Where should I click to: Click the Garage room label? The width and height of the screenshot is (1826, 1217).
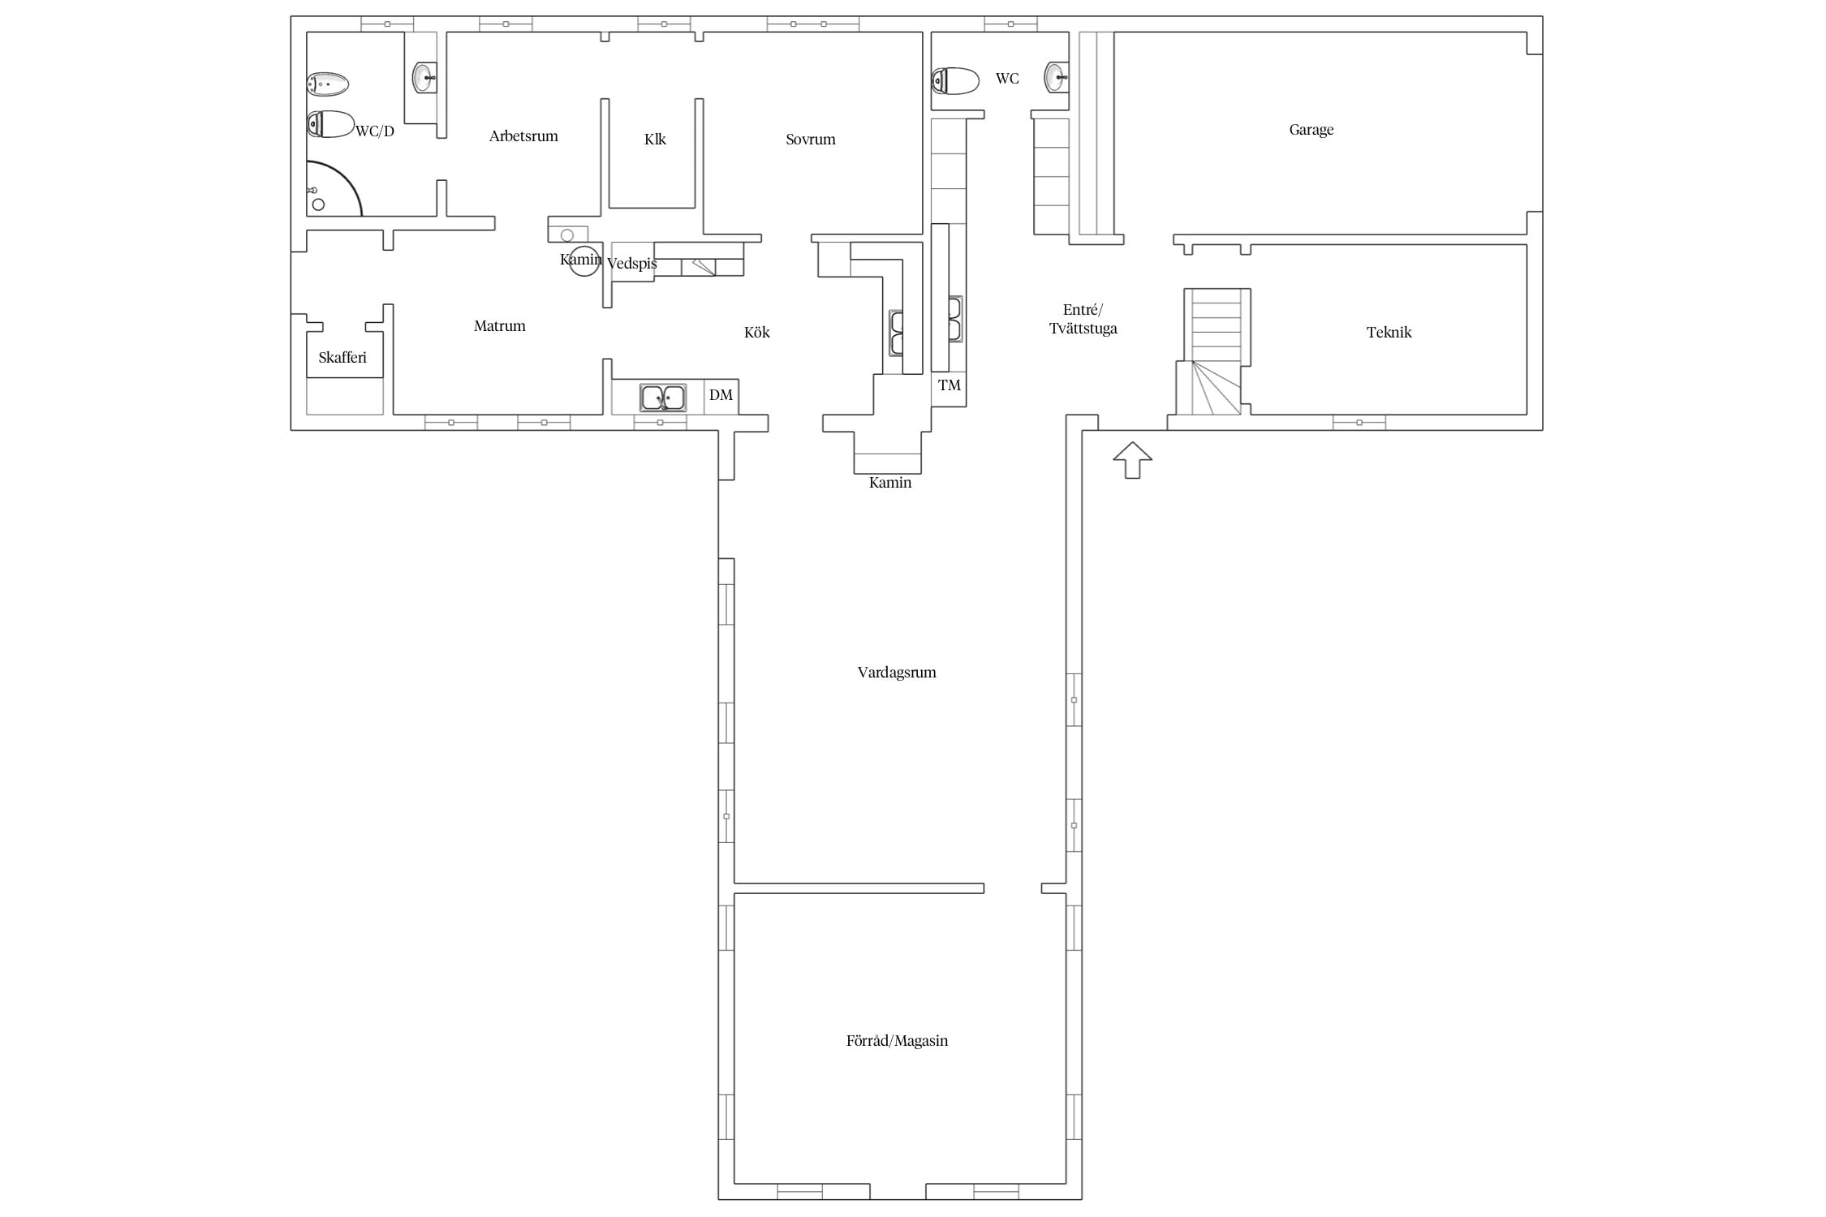pyautogui.click(x=1311, y=130)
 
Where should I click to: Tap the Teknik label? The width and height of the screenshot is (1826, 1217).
pyautogui.click(x=1389, y=332)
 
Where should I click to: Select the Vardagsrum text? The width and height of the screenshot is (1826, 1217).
pyautogui.click(x=897, y=673)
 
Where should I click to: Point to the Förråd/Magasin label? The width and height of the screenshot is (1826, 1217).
pyautogui.click(x=897, y=1041)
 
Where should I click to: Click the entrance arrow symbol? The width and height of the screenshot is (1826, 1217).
pyautogui.click(x=1132, y=460)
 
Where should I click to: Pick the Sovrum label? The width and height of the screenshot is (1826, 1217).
pyautogui.click(x=810, y=140)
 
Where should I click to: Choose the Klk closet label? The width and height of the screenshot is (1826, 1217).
pyautogui.click(x=655, y=140)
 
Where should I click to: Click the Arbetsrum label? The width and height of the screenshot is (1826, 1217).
pyautogui.click(x=523, y=136)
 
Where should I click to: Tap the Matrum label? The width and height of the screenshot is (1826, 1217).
pyautogui.click(x=499, y=326)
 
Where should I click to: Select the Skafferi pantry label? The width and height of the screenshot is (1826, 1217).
pyautogui.click(x=342, y=358)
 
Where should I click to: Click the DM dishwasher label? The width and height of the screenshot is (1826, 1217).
pyautogui.click(x=721, y=395)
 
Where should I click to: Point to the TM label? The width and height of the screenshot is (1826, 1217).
pyautogui.click(x=950, y=385)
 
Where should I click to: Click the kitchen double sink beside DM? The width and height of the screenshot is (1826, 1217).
pyautogui.click(x=663, y=398)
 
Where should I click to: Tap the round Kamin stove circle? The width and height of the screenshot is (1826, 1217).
pyautogui.click(x=584, y=260)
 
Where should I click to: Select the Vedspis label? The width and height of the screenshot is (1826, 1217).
pyautogui.click(x=631, y=264)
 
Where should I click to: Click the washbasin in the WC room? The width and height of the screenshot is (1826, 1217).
pyautogui.click(x=1057, y=77)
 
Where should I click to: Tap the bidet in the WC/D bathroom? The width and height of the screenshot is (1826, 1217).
pyautogui.click(x=328, y=84)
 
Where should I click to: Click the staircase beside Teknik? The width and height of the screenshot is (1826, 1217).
pyautogui.click(x=1212, y=351)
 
